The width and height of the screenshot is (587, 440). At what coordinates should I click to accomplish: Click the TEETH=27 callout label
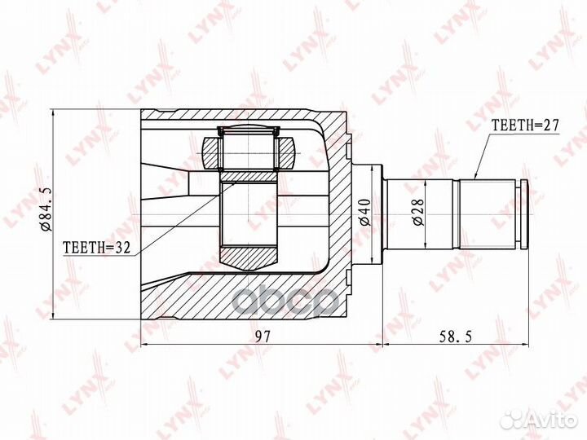[525, 125]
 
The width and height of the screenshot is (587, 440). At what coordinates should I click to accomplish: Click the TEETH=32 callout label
[96, 247]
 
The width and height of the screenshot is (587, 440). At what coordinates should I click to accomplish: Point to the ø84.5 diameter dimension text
[47, 209]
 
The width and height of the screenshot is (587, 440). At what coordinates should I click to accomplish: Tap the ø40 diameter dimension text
[364, 212]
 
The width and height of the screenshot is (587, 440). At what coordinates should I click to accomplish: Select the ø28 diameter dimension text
[418, 212]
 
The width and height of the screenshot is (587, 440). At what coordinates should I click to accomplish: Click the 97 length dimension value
[263, 337]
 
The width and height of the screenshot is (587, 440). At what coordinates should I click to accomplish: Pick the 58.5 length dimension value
[455, 337]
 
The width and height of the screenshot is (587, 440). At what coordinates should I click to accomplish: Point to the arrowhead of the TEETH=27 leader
[475, 177]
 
